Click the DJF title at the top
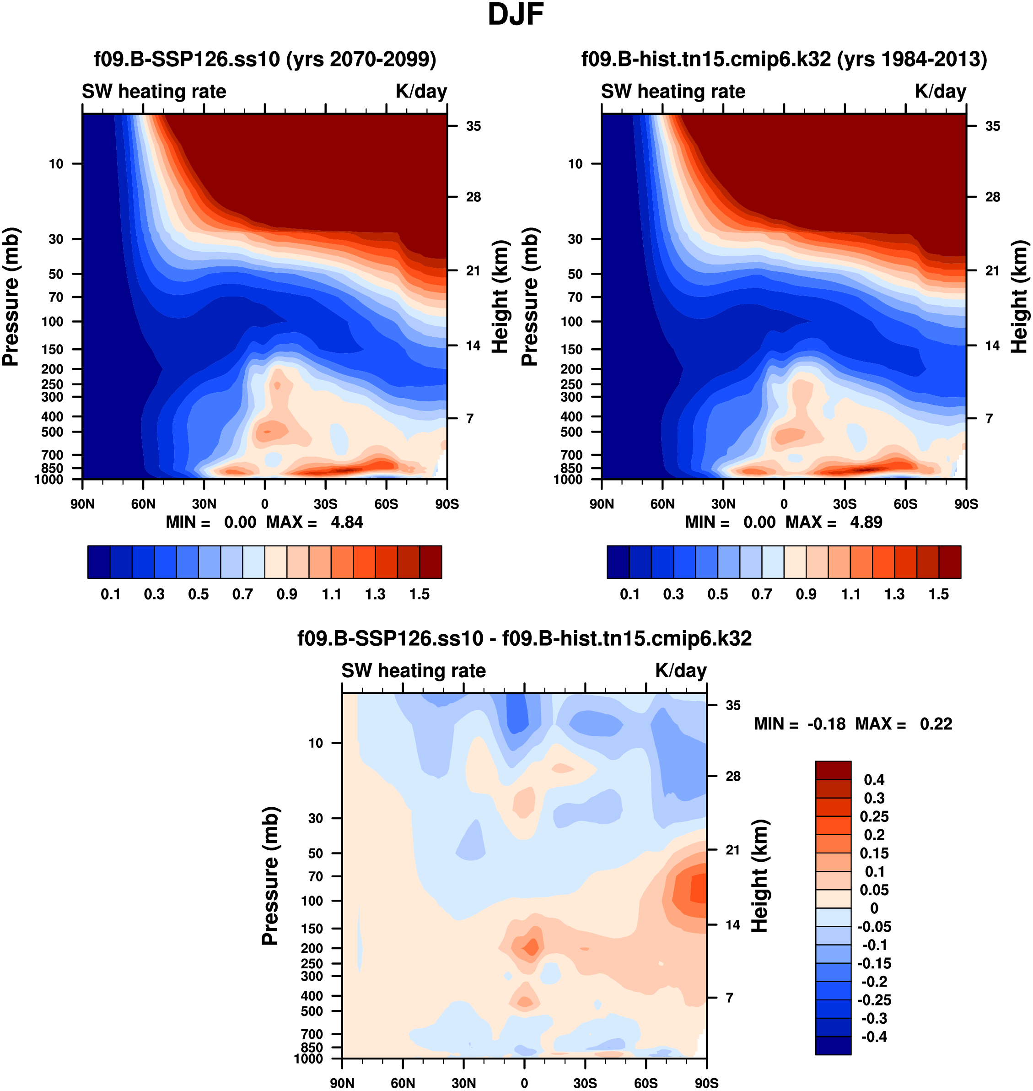[x=516, y=15]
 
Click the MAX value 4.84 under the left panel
[x=346, y=522]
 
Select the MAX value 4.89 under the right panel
[x=866, y=522]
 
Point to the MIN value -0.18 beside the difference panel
[x=826, y=724]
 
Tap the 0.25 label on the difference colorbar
[x=874, y=816]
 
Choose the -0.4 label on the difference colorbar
[x=874, y=1037]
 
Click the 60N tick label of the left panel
[x=143, y=504]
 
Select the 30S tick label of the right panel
[x=845, y=504]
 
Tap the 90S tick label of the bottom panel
[x=706, y=1083]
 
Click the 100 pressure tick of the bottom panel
[x=312, y=901]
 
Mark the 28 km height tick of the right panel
[x=992, y=197]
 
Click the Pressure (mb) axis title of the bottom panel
[x=270, y=875]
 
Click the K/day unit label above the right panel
[x=940, y=92]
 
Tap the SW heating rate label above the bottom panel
[x=414, y=671]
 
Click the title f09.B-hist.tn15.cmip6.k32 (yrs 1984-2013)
[x=784, y=59]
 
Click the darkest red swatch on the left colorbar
[x=430, y=562]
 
